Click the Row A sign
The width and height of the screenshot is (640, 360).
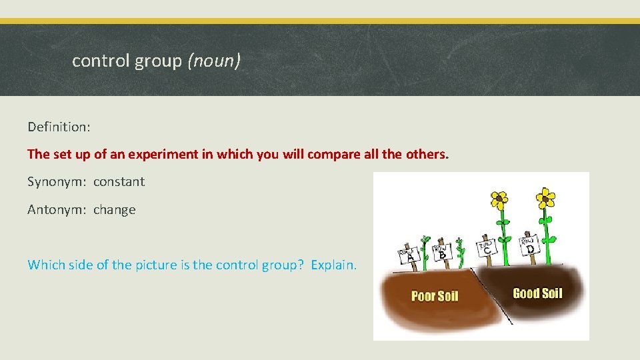(409, 254)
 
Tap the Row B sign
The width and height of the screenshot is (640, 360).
(441, 252)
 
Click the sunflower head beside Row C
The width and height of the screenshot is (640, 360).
(499, 199)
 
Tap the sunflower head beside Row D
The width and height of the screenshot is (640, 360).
(546, 196)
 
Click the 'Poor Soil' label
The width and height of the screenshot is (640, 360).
(435, 296)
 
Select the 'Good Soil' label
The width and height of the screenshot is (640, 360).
(537, 293)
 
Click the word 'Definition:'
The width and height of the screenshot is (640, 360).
(57, 127)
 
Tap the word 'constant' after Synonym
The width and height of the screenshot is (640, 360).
(119, 181)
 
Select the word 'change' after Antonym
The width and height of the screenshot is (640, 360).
(114, 209)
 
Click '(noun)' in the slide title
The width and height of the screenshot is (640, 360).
(214, 61)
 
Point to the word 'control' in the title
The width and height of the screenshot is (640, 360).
(100, 61)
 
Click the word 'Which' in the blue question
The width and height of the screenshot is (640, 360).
(44, 265)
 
